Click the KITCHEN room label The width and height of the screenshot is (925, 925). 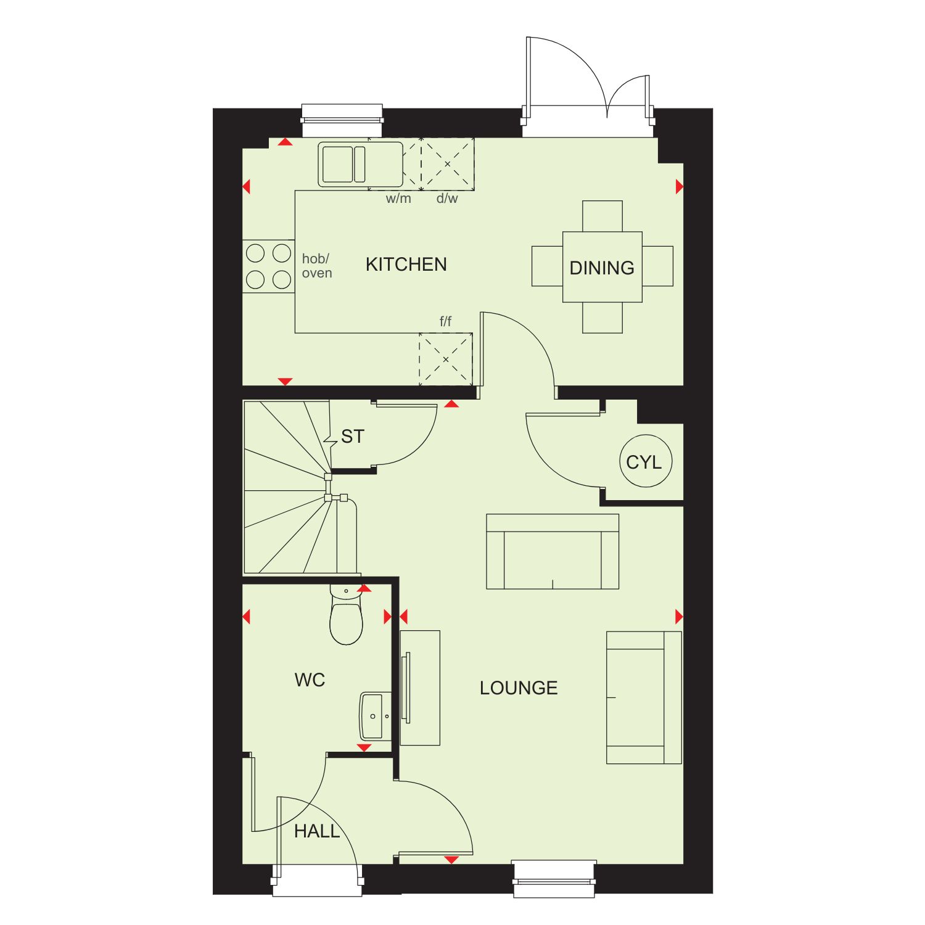(x=406, y=265)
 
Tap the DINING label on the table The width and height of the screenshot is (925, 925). (x=602, y=268)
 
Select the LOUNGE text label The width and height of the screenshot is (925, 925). (x=519, y=688)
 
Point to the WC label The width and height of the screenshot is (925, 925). (x=310, y=680)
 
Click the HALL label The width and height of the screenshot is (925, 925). (x=317, y=831)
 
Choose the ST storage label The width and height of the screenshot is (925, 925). (x=352, y=437)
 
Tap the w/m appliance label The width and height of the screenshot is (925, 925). (x=398, y=199)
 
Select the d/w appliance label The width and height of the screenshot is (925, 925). (x=447, y=199)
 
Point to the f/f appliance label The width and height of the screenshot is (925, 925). (x=445, y=321)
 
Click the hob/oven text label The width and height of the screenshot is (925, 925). (x=317, y=266)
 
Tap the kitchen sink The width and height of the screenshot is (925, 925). (x=361, y=164)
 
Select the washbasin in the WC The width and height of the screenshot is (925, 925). (x=376, y=716)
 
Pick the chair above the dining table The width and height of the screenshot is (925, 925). (x=602, y=216)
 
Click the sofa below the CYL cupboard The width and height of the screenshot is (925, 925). (x=553, y=551)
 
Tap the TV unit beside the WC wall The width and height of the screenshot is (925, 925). (x=420, y=688)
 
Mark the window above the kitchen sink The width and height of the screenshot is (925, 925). (x=342, y=120)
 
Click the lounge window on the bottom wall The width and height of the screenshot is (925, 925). (x=554, y=879)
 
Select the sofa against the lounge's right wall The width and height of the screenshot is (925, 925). (x=644, y=697)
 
